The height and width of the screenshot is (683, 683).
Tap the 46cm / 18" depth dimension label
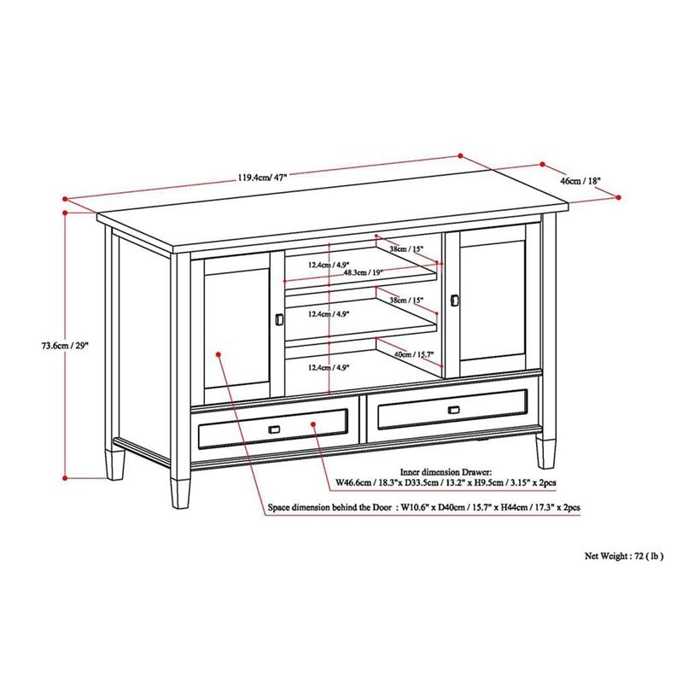click(581, 181)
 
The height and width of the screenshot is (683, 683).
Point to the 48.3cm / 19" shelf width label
click(363, 273)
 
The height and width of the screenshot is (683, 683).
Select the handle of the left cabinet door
click(279, 318)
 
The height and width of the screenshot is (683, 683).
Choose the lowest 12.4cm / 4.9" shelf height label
click(330, 368)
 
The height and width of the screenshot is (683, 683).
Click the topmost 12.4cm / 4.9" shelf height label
click(330, 265)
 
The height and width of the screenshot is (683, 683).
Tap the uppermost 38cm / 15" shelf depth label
click(404, 248)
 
